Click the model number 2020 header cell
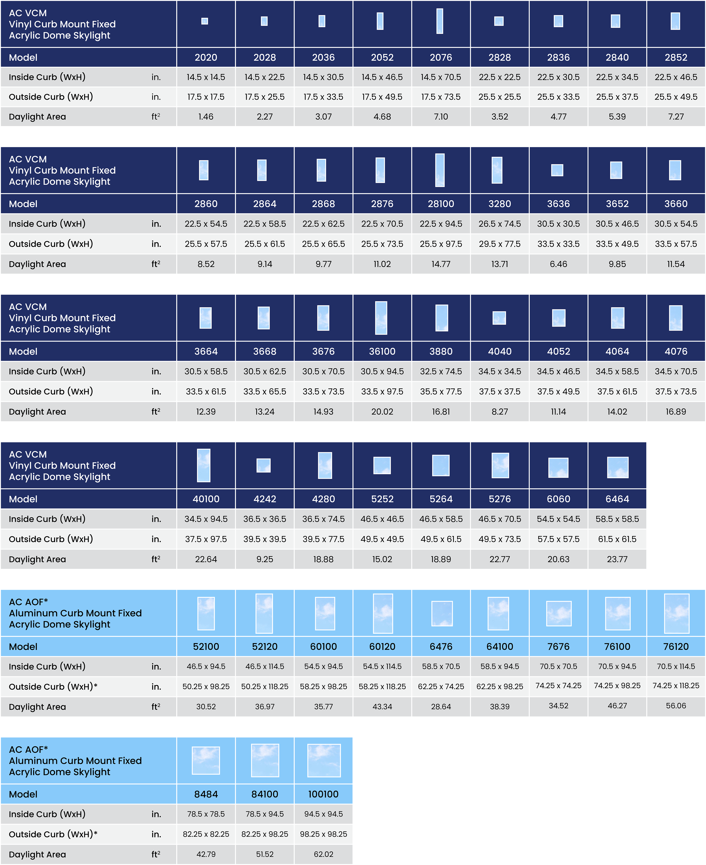[206, 57]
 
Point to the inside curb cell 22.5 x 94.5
[441, 224]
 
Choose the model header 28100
[441, 204]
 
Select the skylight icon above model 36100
[381, 318]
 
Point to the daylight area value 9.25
[265, 559]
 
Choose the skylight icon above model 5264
[441, 465]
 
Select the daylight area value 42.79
[206, 854]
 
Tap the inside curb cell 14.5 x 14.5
[206, 77]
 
